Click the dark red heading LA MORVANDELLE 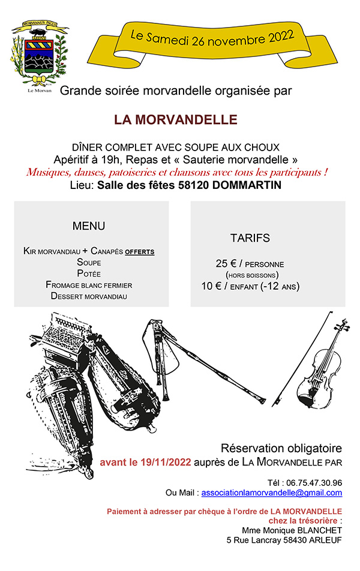(x=176, y=119)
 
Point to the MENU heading (x=89, y=226)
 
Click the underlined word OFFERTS (x=139, y=251)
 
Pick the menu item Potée (x=89, y=274)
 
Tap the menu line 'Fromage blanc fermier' (x=89, y=285)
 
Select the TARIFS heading (x=250, y=238)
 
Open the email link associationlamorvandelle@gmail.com (x=271, y=492)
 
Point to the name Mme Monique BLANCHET (x=292, y=530)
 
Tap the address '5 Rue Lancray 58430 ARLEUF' (x=284, y=540)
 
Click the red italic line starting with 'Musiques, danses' (x=176, y=173)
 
